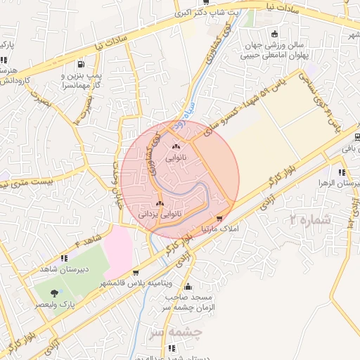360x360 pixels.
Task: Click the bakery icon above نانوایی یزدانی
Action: click(160, 202)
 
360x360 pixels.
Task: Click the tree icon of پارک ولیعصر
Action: click(55, 292)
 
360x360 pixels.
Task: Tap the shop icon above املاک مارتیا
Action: click(221, 219)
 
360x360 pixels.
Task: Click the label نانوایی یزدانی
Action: click(160, 212)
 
